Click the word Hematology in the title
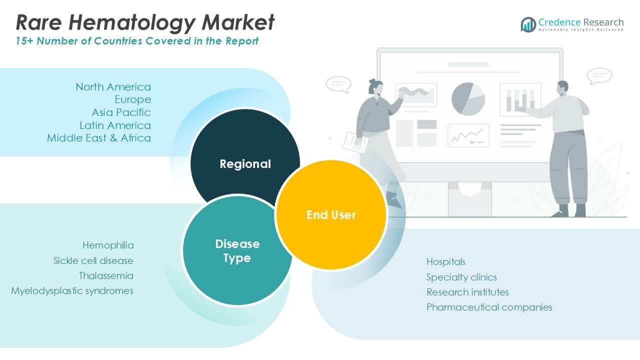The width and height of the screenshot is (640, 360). point(132,23)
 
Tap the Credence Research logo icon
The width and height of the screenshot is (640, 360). point(528,24)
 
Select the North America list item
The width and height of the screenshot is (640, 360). point(113,87)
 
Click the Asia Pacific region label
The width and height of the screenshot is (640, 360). point(121,112)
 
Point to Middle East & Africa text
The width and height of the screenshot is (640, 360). point(99,138)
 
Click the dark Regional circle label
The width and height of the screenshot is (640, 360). point(245,164)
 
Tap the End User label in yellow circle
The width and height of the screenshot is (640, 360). point(331,215)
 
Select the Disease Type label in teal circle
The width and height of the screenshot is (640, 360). point(237,251)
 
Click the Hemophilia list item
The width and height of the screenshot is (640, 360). point(108,245)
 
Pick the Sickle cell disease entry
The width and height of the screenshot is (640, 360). point(93,260)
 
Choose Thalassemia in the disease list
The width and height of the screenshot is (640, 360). point(106,275)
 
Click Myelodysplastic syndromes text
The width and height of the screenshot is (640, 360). point(72,291)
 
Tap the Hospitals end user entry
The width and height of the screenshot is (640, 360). point(446,261)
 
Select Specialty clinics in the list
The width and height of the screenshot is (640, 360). point(461,277)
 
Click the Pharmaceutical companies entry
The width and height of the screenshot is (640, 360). point(489,307)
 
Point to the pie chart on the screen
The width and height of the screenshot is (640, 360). point(468,99)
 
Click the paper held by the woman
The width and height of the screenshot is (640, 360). point(355,142)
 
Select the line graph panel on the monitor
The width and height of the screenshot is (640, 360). point(468,135)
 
